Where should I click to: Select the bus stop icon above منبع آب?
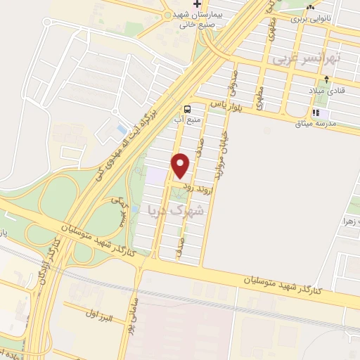click(188, 109)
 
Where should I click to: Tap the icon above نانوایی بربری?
click(310, 8)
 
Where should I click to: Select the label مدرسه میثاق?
click(340, 114)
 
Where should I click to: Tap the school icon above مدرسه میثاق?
click(316, 112)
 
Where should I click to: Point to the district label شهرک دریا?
click(176, 209)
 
